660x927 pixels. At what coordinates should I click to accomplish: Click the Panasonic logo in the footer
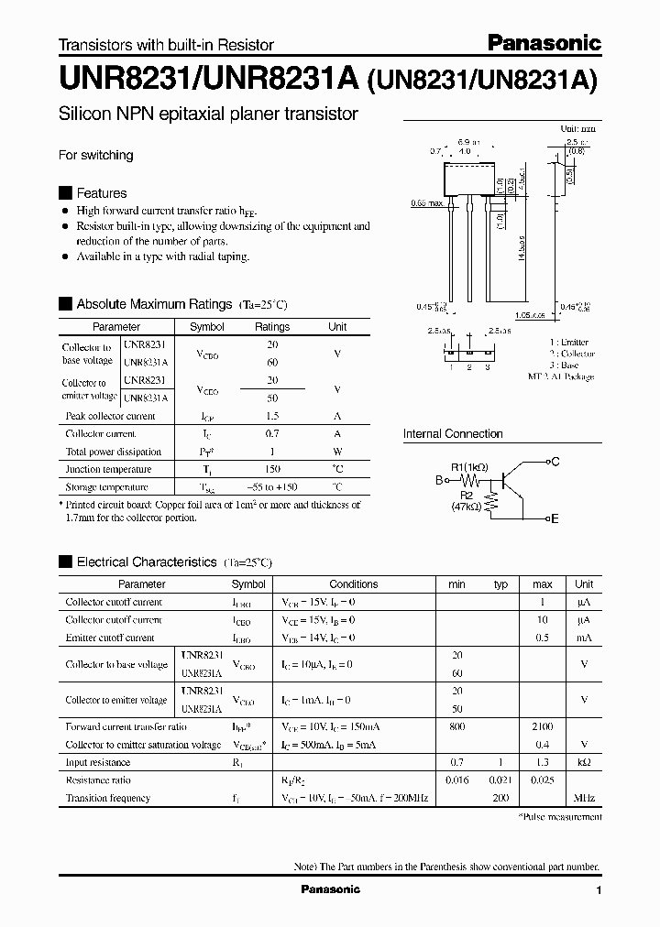[331, 889]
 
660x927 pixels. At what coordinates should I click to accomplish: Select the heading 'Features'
[101, 193]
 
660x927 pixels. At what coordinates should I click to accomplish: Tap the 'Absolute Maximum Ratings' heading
[153, 304]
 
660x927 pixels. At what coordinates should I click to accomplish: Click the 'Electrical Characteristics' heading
[146, 562]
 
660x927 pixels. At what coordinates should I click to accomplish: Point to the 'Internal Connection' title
[453, 433]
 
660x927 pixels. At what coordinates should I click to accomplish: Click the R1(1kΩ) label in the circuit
[467, 464]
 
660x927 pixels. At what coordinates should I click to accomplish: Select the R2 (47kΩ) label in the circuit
[467, 499]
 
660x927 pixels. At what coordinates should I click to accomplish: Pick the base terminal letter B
[439, 479]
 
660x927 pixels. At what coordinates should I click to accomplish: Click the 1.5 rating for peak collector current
[271, 416]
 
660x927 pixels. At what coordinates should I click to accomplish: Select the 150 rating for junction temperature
[271, 469]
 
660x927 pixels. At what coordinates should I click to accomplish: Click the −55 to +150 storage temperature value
[271, 487]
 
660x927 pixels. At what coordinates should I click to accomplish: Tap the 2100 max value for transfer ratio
[542, 727]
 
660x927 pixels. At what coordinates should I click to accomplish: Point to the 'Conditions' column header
[353, 584]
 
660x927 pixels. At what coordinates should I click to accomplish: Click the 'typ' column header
[500, 584]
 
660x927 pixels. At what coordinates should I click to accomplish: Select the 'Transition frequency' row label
[107, 798]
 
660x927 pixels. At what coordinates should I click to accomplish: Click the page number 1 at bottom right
[599, 890]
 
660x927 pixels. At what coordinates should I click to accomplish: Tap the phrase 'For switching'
[95, 155]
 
